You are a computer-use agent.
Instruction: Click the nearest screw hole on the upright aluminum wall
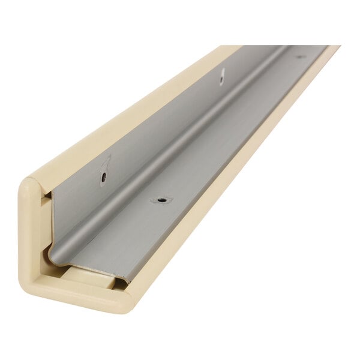[x=104, y=177]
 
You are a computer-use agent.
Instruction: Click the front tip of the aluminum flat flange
[x=125, y=280]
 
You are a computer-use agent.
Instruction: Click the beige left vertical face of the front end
[x=30, y=240]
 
